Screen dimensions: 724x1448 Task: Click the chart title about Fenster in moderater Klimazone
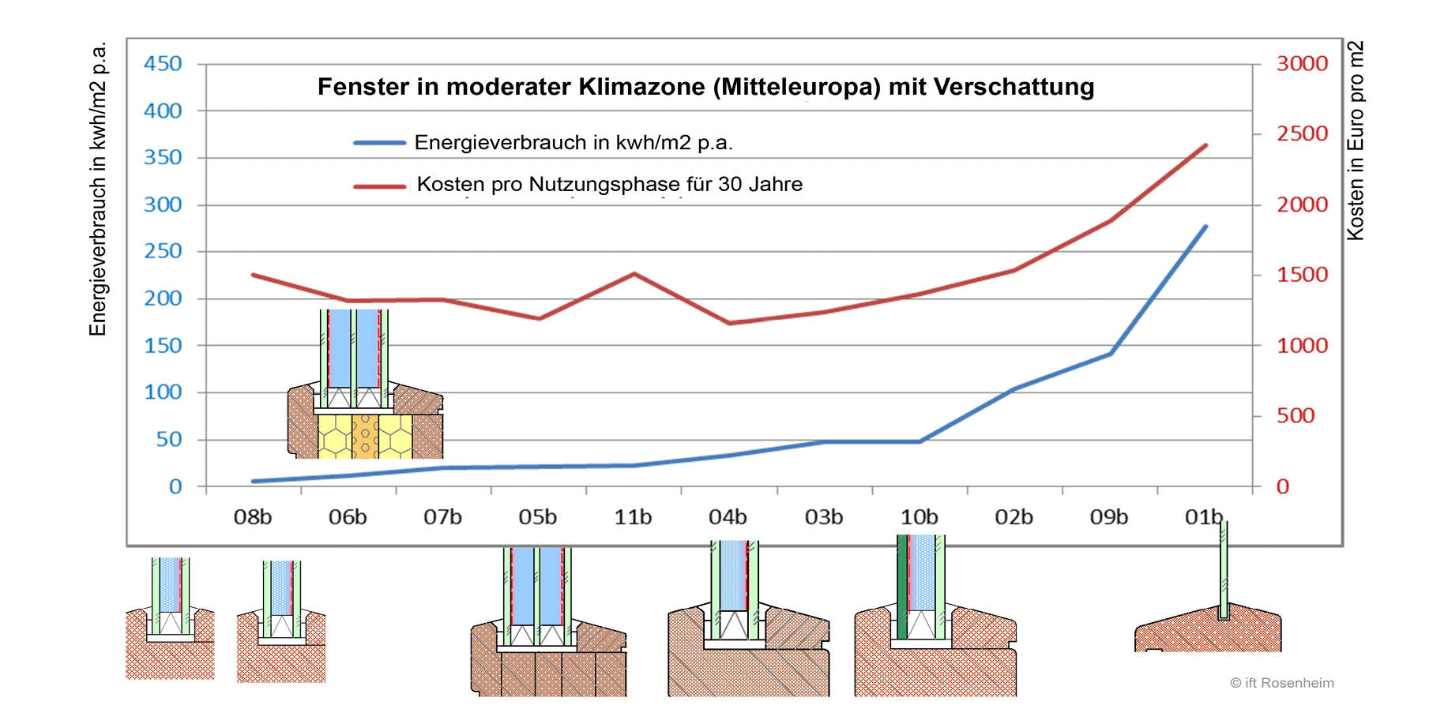(705, 87)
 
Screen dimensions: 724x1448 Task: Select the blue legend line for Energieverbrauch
(379, 143)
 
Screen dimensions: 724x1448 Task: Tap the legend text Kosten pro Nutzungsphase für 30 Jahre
(609, 185)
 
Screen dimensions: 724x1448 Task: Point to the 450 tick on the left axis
(163, 64)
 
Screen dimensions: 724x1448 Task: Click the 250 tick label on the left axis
(163, 251)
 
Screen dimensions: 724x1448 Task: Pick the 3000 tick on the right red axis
(1302, 64)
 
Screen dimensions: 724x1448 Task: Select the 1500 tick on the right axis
(1302, 275)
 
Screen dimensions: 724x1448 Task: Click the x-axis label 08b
(253, 517)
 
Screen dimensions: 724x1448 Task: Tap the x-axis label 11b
(633, 517)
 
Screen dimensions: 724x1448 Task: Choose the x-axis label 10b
(920, 517)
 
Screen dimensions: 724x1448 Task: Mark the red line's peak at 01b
(1205, 145)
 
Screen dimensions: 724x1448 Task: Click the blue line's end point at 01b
(1205, 227)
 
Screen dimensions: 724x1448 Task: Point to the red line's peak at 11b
(634, 274)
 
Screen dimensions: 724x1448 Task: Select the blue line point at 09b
(1111, 353)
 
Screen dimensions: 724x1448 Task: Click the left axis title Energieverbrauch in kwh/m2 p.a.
(98, 189)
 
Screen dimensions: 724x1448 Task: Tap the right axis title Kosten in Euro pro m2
(1356, 141)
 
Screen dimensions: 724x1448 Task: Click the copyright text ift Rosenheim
(1281, 683)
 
